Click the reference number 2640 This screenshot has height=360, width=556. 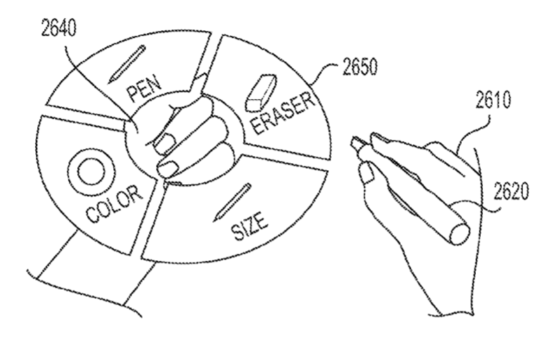(x=58, y=28)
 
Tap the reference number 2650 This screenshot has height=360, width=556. (x=360, y=67)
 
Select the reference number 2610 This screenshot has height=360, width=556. (x=493, y=100)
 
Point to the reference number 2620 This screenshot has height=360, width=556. (x=510, y=191)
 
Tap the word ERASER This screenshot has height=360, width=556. (x=283, y=113)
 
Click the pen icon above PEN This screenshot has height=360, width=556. (x=127, y=63)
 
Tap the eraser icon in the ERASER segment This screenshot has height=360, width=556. (x=261, y=92)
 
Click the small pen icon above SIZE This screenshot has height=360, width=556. (x=233, y=202)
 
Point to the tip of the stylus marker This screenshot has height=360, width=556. (x=353, y=141)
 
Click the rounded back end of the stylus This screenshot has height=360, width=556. (x=460, y=233)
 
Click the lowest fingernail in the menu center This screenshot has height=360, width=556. (x=167, y=169)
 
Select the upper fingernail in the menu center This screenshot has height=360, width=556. (x=165, y=143)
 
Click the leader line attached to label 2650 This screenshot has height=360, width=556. (x=325, y=72)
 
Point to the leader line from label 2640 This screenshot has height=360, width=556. (x=95, y=85)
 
